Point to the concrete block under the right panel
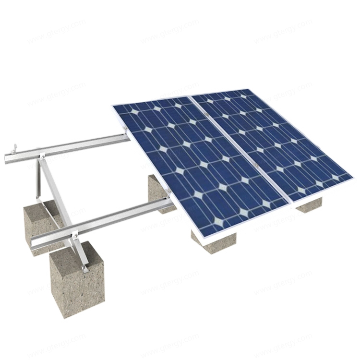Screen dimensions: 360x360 (309, 204)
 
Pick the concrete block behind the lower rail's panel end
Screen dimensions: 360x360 (158, 192)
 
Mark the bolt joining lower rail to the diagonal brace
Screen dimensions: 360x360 (74, 235)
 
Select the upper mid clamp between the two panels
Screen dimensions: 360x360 (205, 114)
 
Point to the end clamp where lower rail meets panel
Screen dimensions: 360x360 (168, 193)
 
